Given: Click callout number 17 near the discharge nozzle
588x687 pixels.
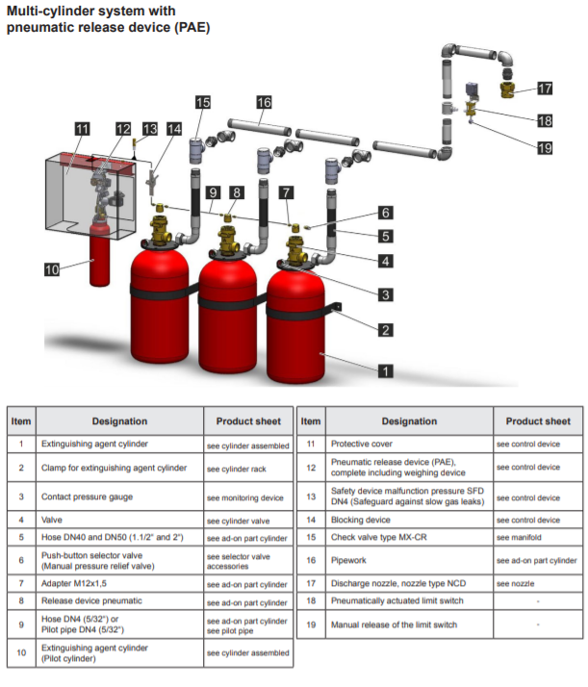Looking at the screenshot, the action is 545,89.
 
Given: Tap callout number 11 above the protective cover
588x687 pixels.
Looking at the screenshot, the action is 82,129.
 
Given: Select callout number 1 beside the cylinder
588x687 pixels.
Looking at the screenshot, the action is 386,371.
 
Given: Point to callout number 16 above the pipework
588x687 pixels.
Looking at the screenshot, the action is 265,103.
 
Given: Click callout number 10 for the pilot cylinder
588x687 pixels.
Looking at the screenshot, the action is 52,269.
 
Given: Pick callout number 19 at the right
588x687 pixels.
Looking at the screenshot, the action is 545,148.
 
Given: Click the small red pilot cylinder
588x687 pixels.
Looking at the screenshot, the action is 100,254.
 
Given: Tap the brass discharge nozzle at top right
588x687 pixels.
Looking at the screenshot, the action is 507,89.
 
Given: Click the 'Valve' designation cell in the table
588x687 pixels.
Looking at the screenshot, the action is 52,521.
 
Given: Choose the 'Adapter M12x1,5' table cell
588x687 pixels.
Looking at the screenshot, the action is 74,584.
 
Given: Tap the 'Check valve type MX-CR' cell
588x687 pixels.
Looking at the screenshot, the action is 378,537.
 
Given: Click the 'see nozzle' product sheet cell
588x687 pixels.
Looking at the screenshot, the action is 515,584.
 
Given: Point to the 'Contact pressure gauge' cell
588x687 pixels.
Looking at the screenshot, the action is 87,496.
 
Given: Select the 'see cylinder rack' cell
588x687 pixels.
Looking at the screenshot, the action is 237,469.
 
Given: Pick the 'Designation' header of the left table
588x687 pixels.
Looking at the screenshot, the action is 119,421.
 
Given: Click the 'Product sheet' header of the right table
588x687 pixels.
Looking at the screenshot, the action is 538,421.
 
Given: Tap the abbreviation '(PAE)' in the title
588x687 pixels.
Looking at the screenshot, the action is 192,28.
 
